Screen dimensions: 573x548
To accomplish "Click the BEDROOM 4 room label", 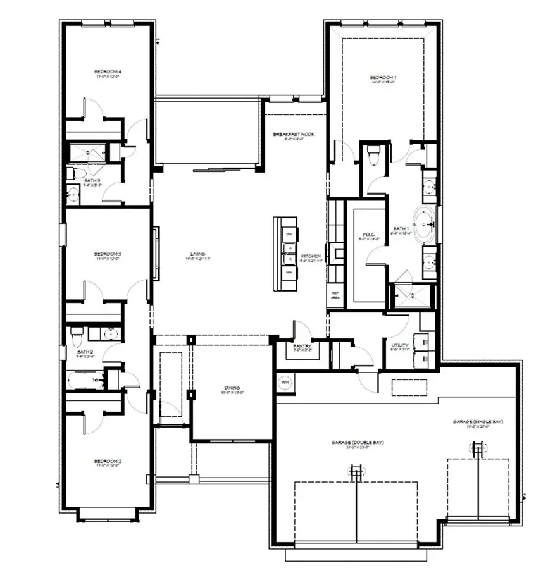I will click(108, 73).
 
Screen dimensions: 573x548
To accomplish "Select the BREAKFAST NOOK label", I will click(294, 135).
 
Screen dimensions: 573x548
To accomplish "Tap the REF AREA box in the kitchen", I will click(335, 295).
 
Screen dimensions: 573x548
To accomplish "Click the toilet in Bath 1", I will click(373, 153).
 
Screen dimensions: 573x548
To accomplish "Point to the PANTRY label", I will click(296, 347).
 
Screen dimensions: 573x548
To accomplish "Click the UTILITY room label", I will click(400, 347).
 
